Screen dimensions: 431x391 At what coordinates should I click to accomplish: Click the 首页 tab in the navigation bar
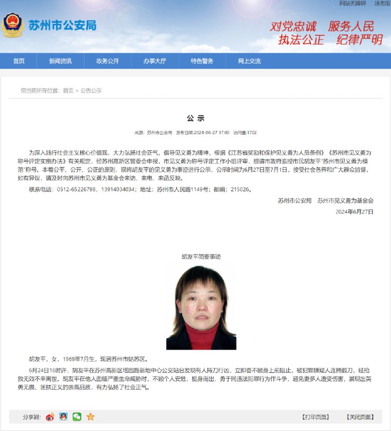click(x=19, y=61)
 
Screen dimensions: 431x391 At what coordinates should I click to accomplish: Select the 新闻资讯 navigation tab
click(x=60, y=61)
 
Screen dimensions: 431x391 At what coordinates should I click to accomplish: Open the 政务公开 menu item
click(x=108, y=61)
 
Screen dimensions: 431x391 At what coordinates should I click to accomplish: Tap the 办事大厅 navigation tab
click(x=154, y=61)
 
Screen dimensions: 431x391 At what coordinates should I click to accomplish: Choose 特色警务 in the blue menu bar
click(x=202, y=61)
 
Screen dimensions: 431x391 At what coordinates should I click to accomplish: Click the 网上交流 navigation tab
click(x=249, y=61)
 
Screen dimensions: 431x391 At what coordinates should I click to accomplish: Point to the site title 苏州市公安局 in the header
click(x=62, y=25)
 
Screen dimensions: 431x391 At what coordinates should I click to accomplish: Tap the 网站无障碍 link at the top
click(x=353, y=3)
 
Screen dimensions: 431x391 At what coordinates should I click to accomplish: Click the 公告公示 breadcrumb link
click(x=91, y=91)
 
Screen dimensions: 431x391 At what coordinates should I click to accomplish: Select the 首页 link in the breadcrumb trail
click(x=68, y=91)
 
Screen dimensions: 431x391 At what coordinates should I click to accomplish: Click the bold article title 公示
click(x=195, y=119)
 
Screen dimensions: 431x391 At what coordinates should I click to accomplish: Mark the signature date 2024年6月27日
click(x=354, y=212)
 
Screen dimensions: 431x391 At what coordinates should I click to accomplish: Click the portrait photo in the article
click(x=201, y=307)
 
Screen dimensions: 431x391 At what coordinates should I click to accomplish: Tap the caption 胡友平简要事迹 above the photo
click(x=201, y=257)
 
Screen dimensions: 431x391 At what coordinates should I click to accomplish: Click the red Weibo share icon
click(x=50, y=416)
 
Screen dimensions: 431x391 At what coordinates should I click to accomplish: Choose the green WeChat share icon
click(x=77, y=416)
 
